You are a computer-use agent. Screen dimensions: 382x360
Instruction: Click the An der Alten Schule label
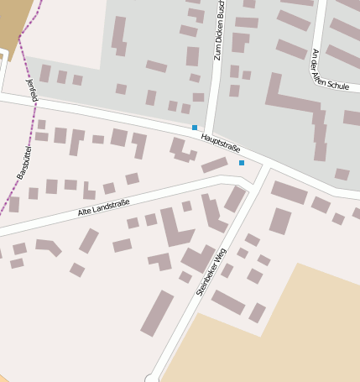(330, 70)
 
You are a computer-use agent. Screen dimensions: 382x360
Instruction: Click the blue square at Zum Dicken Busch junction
(195, 128)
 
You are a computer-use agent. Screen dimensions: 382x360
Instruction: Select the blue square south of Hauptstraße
(242, 162)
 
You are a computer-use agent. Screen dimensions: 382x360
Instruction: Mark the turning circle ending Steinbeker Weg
(152, 378)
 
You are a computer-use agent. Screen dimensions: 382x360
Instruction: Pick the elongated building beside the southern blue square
(214, 165)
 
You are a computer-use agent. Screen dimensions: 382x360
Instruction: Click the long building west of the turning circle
(157, 313)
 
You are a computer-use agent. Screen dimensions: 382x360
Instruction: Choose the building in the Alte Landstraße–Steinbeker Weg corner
(235, 199)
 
